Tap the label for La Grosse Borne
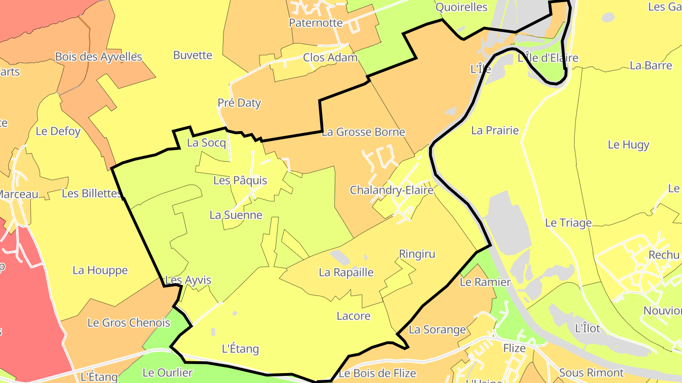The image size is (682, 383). coord(363,132)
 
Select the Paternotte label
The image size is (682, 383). coord(315,23)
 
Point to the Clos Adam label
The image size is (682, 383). coord(330,58)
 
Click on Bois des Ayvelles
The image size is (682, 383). coord(99,57)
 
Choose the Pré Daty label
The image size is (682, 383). coord(239,103)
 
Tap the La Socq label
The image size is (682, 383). coord(206,142)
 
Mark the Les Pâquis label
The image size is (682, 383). coord(240,180)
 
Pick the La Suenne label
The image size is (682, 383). coord(236,215)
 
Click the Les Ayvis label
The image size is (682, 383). coord(188,280)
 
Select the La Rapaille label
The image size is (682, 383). coord(346,272)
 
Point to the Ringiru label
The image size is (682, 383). coord(417,254)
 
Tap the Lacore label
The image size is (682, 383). coord(353,316)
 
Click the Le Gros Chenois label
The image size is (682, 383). coord(129,323)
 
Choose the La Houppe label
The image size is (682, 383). coord(100,270)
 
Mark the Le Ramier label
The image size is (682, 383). coord(485,282)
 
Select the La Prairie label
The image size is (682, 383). coord(495,130)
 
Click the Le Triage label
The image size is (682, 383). coord(568,223)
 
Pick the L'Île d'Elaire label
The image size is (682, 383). coord(548,58)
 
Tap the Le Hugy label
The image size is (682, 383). coord(628,145)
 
